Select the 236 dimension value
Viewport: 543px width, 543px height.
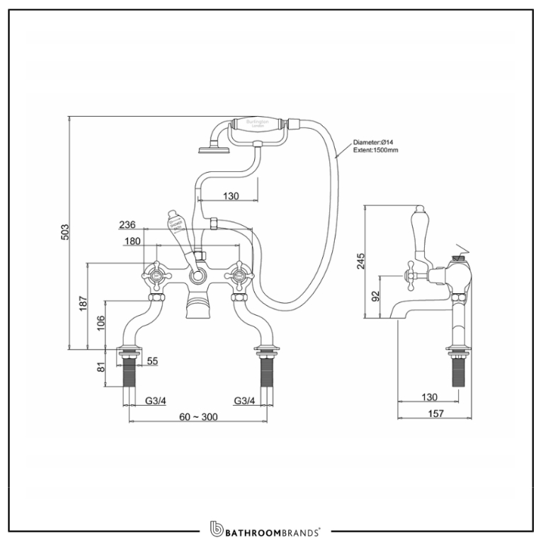(x=127, y=224)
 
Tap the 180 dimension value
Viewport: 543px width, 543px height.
(x=132, y=241)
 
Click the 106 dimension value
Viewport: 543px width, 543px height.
(x=100, y=323)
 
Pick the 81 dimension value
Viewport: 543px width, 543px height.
(x=100, y=367)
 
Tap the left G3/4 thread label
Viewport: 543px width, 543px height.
(x=156, y=401)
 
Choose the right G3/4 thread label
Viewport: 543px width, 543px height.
(x=244, y=401)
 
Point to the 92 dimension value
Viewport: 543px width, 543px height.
(x=376, y=295)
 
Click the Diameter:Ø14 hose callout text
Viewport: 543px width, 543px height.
(x=375, y=143)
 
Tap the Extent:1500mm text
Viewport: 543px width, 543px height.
(x=375, y=151)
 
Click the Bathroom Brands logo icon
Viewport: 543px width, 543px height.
(x=217, y=529)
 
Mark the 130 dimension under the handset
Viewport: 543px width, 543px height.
(x=230, y=196)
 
